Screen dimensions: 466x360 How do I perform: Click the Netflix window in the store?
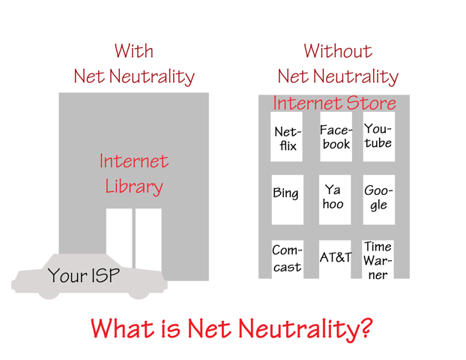click(x=286, y=136)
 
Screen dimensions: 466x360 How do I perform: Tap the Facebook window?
click(x=336, y=136)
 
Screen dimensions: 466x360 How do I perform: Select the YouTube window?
click(x=379, y=136)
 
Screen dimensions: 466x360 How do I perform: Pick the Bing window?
click(x=288, y=199)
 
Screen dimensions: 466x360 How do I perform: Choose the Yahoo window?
click(x=335, y=199)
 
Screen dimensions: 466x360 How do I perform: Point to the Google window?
click(x=379, y=199)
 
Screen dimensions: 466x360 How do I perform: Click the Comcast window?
click(x=288, y=259)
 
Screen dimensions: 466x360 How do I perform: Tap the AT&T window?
click(x=335, y=259)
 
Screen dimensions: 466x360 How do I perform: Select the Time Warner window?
click(x=378, y=259)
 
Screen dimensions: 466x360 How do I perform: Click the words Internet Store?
click(x=335, y=103)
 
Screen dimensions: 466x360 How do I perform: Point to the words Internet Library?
click(x=134, y=174)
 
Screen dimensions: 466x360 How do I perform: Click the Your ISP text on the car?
click(x=84, y=275)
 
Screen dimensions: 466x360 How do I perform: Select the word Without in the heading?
click(x=338, y=51)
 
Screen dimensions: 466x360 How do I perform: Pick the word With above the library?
click(x=134, y=51)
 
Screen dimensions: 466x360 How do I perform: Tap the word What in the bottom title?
click(x=122, y=328)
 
